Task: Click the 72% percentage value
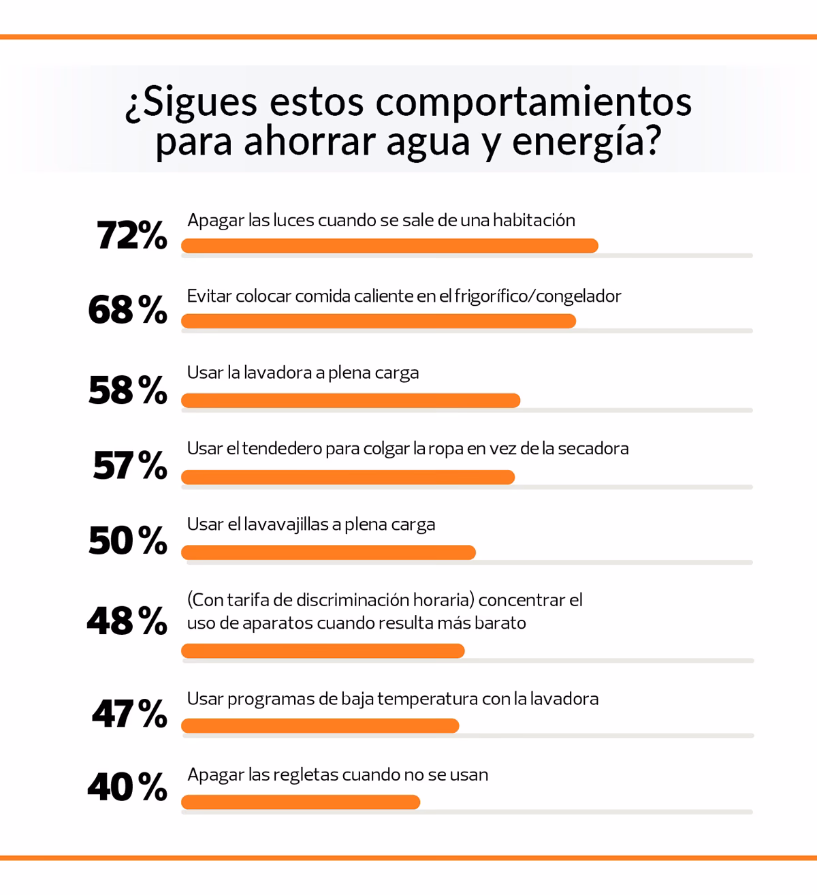pos(131,236)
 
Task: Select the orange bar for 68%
pos(378,321)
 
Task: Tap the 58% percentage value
pos(127,390)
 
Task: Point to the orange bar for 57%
pos(347,477)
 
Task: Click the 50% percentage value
pos(127,541)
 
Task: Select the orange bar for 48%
pos(323,652)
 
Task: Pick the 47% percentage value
pos(129,714)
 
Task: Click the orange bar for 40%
pos(300,802)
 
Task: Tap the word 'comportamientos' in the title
pos(533,102)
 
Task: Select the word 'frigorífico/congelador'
pos(538,296)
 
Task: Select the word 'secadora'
pos(593,449)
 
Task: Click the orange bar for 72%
pos(389,246)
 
